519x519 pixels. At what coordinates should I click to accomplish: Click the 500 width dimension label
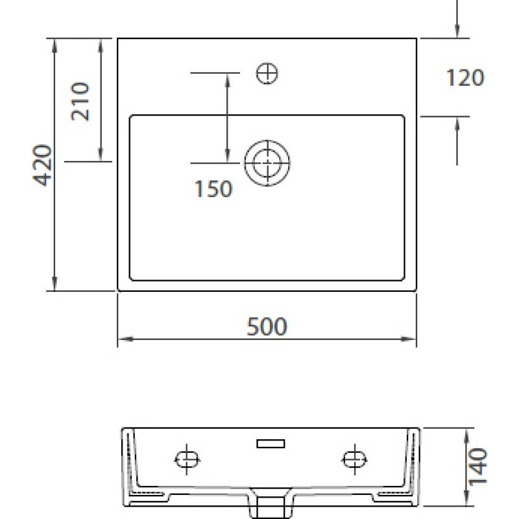[267, 326]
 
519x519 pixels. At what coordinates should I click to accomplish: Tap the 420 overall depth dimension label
[42, 165]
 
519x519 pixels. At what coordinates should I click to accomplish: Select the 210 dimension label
[80, 101]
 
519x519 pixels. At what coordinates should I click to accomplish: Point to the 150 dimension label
[213, 189]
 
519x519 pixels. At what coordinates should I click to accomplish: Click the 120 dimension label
[465, 78]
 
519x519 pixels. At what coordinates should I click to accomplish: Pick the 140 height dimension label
[478, 466]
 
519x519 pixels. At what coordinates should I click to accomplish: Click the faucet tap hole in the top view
[267, 73]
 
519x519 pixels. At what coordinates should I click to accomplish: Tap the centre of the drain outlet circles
[267, 163]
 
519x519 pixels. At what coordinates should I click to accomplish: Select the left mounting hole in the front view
[187, 459]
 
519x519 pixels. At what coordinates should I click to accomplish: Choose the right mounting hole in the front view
[354, 459]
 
